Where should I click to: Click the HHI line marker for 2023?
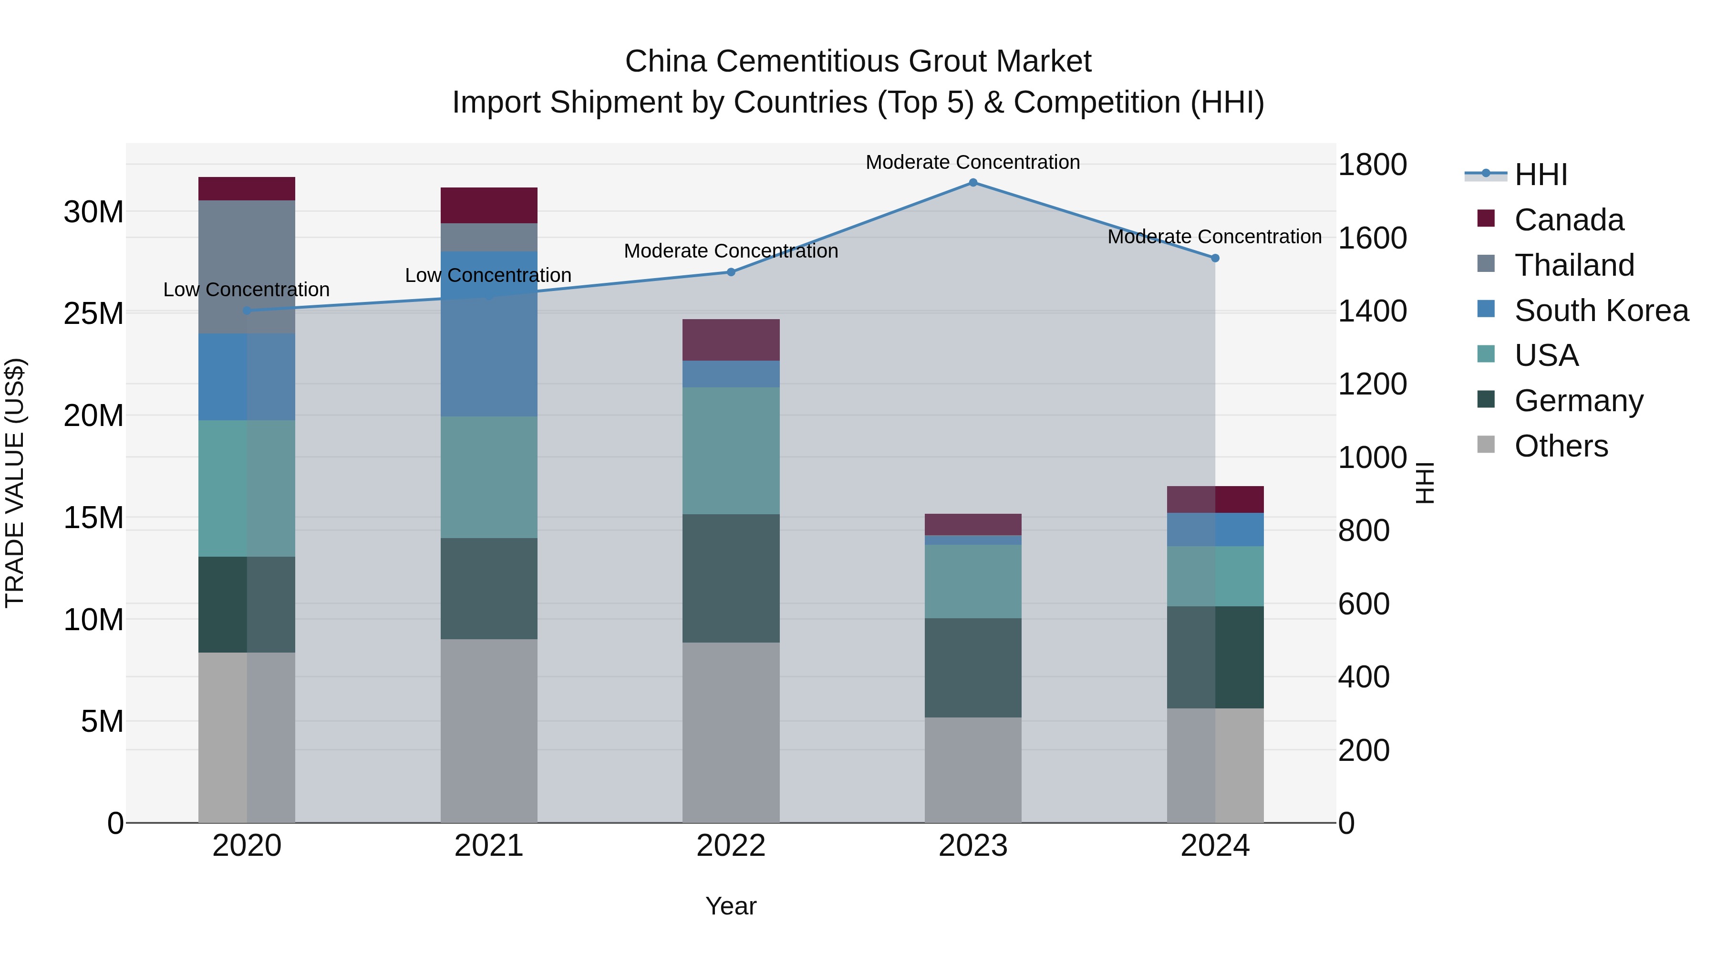point(972,183)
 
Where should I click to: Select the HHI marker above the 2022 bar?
point(731,272)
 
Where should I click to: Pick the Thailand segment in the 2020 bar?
point(247,267)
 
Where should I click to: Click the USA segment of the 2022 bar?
point(731,451)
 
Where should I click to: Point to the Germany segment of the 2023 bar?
point(972,667)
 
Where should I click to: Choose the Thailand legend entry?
point(1574,265)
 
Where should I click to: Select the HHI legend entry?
point(1541,175)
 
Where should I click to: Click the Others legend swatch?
point(1486,445)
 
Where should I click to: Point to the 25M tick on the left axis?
point(93,314)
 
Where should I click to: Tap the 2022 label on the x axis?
point(731,846)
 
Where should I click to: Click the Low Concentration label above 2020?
point(246,290)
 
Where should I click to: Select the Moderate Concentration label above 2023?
point(972,162)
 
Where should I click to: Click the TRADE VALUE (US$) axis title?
point(15,483)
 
